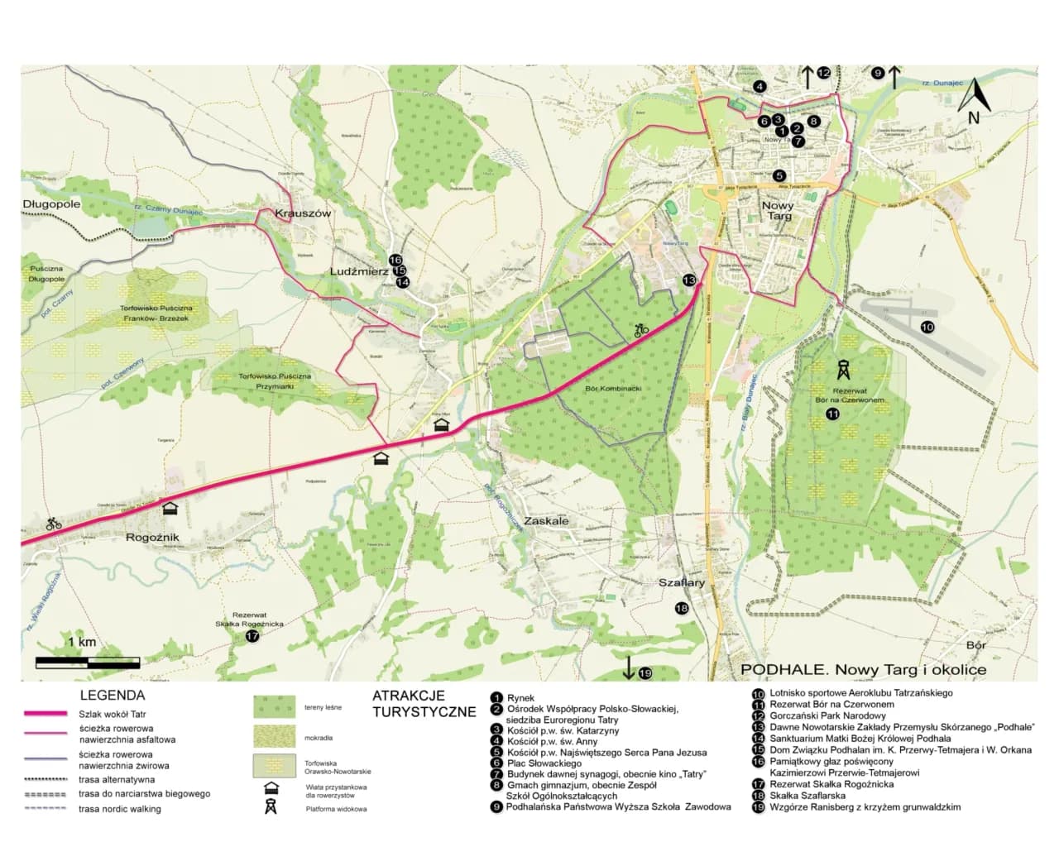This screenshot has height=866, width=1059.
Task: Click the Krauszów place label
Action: pyautogui.click(x=303, y=213)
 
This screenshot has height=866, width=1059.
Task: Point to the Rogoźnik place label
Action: pyautogui.click(x=152, y=537)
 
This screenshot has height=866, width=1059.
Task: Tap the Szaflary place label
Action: pyautogui.click(x=682, y=582)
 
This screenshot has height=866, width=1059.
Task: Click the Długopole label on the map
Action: pyautogui.click(x=51, y=203)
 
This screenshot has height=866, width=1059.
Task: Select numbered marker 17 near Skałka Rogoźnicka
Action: pyautogui.click(x=252, y=636)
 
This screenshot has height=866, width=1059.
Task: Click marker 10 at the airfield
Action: pyautogui.click(x=927, y=328)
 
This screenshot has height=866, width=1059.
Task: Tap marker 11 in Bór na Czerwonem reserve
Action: pyautogui.click(x=833, y=414)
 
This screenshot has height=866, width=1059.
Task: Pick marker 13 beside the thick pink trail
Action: pyautogui.click(x=689, y=280)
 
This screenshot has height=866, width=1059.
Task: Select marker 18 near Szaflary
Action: pyautogui.click(x=682, y=609)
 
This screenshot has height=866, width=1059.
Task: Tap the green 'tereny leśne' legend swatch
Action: pyautogui.click(x=274, y=707)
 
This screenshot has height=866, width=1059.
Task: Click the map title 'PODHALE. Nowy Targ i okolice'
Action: pyautogui.click(x=863, y=669)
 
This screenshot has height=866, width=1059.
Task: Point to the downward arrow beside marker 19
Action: pyautogui.click(x=629, y=667)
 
